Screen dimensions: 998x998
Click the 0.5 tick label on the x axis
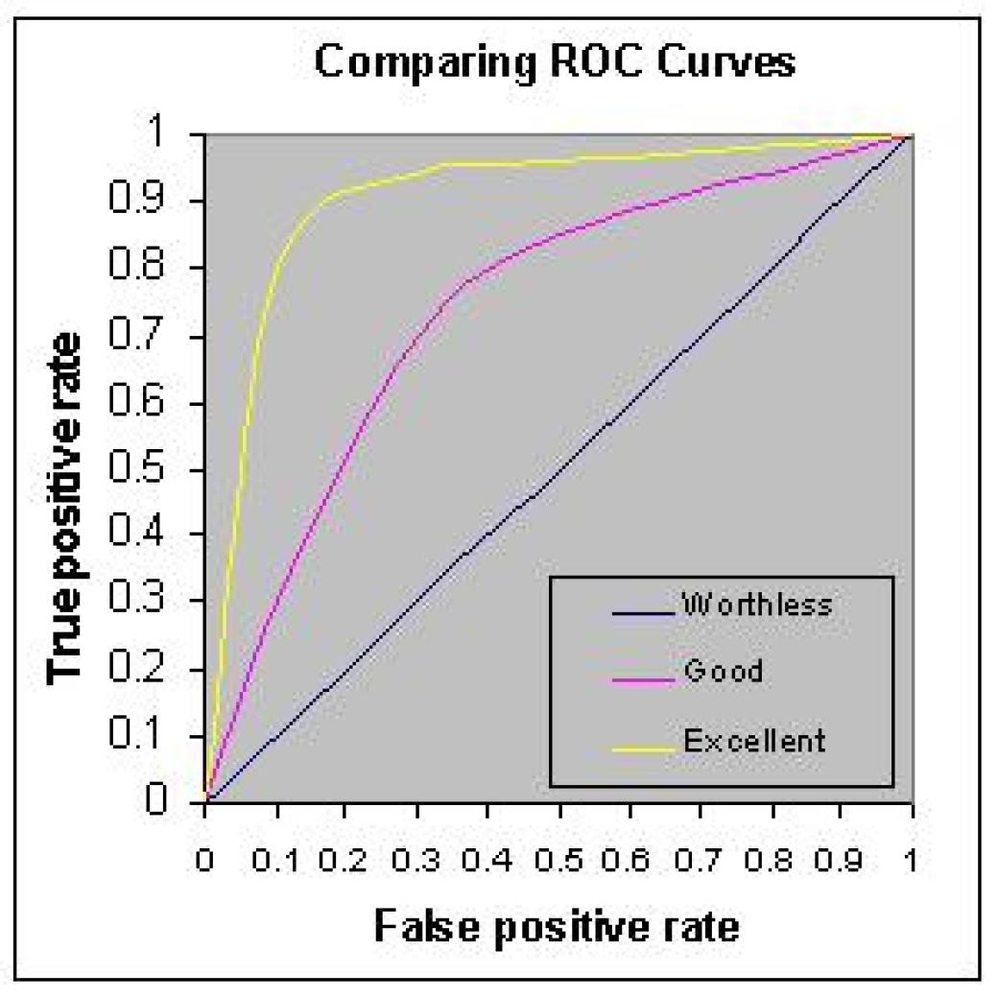tap(558, 857)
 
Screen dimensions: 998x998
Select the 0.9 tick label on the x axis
tap(841, 857)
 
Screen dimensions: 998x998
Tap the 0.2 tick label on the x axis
tap(345, 857)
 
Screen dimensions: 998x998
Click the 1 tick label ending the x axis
tap(912, 857)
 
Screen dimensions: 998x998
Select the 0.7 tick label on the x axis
tap(700, 857)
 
